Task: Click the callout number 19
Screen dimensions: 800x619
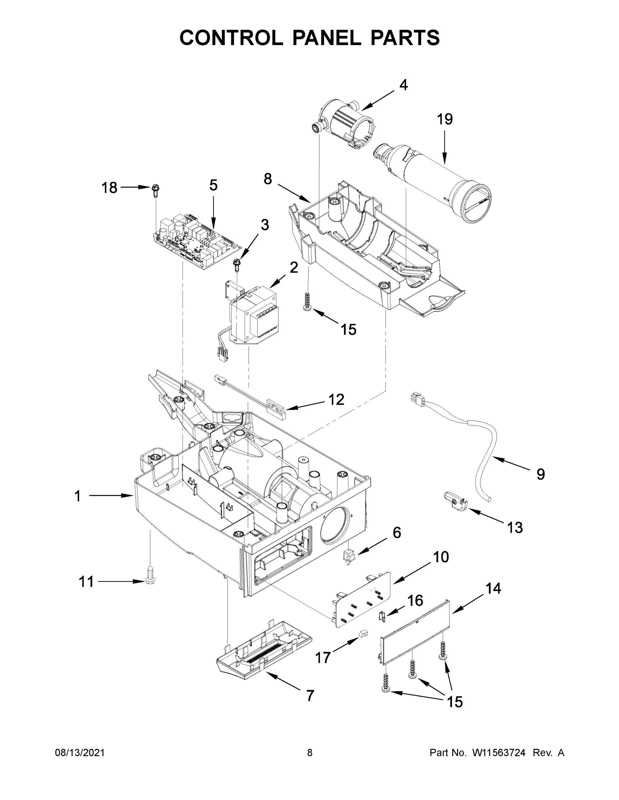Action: (444, 119)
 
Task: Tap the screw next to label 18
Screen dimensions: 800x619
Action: (156, 190)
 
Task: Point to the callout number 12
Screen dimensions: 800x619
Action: (336, 399)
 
